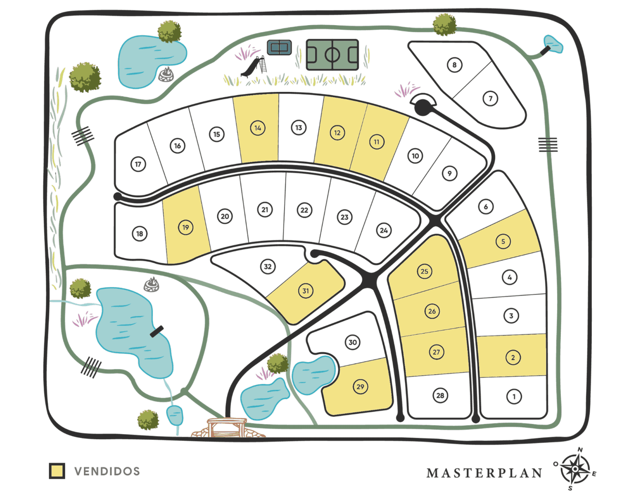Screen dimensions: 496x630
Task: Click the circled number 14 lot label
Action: click(x=257, y=128)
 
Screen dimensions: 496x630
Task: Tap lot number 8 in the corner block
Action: click(x=455, y=65)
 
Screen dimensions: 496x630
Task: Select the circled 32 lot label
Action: click(x=268, y=267)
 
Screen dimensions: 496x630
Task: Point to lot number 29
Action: click(x=360, y=387)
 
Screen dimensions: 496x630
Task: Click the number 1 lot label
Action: click(x=514, y=396)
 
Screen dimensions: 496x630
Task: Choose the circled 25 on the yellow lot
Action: click(x=425, y=271)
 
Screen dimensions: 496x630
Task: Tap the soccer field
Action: click(x=333, y=54)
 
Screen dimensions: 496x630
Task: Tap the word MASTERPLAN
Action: click(x=484, y=473)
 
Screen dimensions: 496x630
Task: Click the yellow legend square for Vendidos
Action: click(x=57, y=471)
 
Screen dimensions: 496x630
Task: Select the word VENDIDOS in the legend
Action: click(x=107, y=471)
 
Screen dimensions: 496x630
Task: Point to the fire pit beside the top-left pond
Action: click(x=166, y=74)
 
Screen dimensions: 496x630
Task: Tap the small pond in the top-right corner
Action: click(x=553, y=44)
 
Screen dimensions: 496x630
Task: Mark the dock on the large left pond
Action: click(x=156, y=332)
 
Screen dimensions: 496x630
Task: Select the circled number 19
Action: click(x=185, y=227)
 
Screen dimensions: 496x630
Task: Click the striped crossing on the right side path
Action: click(x=548, y=144)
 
